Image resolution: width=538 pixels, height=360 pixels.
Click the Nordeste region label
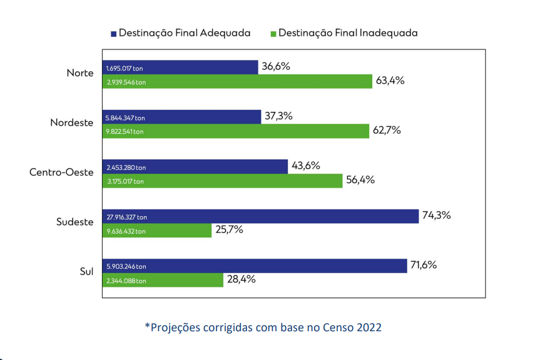coord(72,123)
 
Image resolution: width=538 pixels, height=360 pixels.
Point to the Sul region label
coord(86,272)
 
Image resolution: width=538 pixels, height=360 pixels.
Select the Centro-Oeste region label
coord(61,172)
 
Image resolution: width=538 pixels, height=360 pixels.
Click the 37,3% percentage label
coord(280,116)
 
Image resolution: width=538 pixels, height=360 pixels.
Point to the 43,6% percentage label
coord(306,166)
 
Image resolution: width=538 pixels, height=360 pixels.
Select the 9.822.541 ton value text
coord(125,131)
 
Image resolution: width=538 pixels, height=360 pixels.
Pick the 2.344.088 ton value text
coord(126,281)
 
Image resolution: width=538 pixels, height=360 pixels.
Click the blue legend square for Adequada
coord(113,33)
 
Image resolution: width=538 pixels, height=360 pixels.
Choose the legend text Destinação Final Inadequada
coord(348,32)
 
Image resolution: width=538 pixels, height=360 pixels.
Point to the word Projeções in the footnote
coord(178,327)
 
